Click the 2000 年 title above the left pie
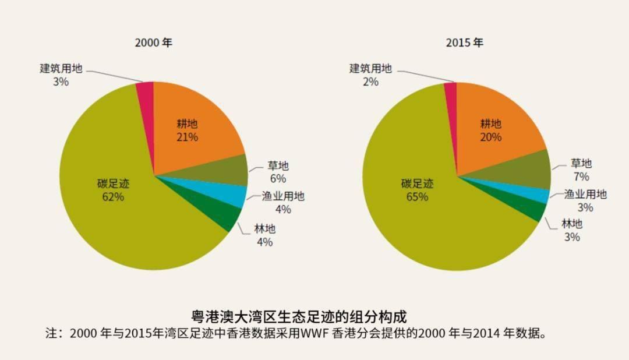tap(154, 43)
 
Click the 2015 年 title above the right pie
tap(465, 43)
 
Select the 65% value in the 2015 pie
tap(417, 197)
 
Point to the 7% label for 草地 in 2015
tap(581, 177)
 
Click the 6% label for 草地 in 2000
tap(278, 179)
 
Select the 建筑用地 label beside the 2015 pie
tap(370, 69)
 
